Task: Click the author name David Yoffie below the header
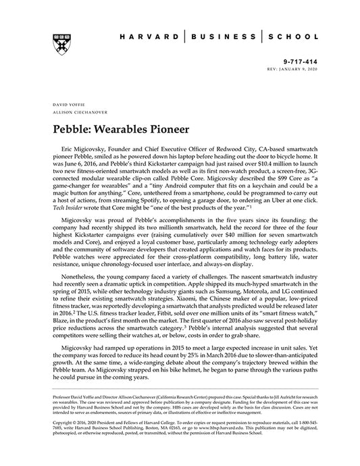pos(59,107)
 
